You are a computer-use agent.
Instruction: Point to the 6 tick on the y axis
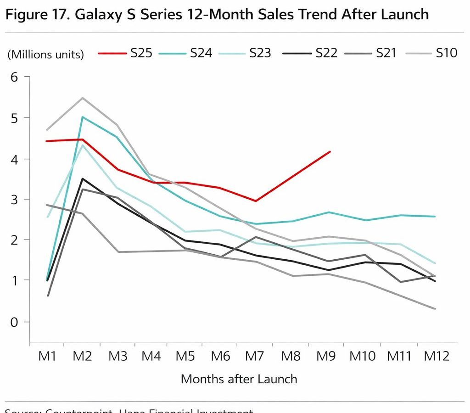click(x=14, y=77)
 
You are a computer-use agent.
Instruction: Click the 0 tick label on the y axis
click(x=14, y=322)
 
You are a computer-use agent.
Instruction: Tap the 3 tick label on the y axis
click(x=14, y=200)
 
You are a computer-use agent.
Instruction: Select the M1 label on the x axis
click(x=47, y=356)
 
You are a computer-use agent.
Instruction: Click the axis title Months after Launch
click(x=239, y=379)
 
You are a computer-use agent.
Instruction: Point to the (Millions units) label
click(x=45, y=55)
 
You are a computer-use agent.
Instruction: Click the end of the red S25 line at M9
click(x=330, y=151)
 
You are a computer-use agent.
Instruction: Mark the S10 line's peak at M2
click(x=83, y=98)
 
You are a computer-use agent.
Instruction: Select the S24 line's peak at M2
click(x=83, y=117)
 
